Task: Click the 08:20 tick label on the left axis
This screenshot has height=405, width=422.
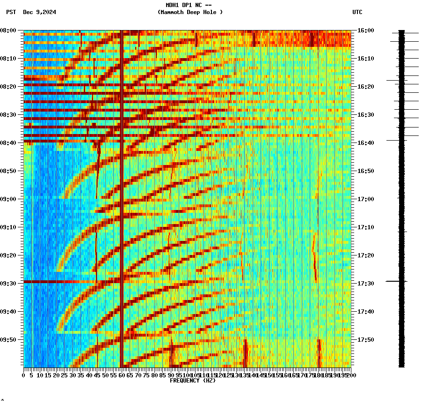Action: (8, 87)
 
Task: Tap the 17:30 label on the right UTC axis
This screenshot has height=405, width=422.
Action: (365, 284)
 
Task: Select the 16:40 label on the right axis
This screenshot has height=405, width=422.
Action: (365, 143)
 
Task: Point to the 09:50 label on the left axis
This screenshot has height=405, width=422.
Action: (8, 340)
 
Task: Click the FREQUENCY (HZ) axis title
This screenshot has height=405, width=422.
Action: (192, 381)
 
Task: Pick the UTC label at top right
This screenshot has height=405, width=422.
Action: (357, 12)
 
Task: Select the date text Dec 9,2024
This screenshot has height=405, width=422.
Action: (39, 12)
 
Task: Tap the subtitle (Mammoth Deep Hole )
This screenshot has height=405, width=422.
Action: (190, 12)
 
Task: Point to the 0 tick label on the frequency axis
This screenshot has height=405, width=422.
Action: (24, 375)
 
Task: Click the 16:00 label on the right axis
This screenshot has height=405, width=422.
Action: (365, 30)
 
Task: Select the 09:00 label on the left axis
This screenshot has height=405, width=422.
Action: (8, 199)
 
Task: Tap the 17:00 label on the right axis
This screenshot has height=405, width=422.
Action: (365, 199)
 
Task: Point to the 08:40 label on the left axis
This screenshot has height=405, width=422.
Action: (8, 143)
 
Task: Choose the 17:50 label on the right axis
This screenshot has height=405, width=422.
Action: (365, 340)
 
